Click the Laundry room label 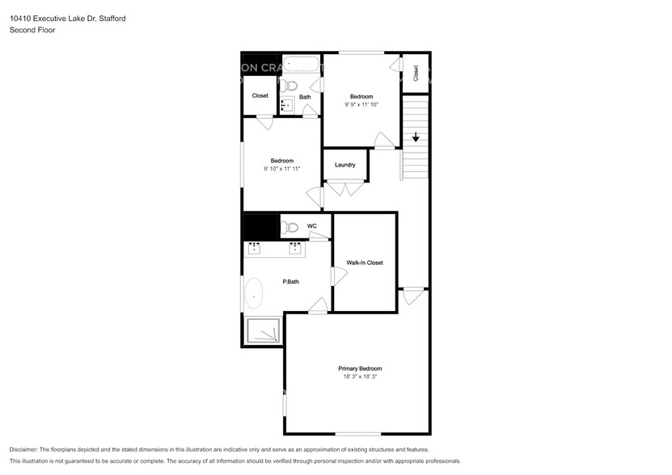click(x=345, y=166)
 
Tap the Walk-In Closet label click(x=365, y=263)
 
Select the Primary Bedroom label click(x=360, y=368)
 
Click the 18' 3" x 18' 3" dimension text click(x=360, y=376)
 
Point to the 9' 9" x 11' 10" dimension click(x=361, y=104)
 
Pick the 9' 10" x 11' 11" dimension click(x=281, y=168)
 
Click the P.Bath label click(x=291, y=282)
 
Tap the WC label click(x=311, y=226)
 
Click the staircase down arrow click(x=416, y=137)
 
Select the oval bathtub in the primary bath click(x=254, y=295)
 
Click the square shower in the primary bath click(x=264, y=330)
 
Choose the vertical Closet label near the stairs click(x=416, y=74)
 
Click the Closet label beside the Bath click(x=260, y=95)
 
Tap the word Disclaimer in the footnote click(x=27, y=449)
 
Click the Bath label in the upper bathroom click(x=305, y=98)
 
